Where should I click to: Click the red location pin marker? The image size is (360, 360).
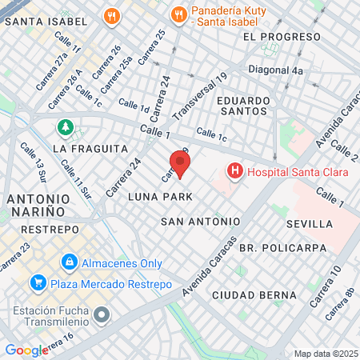(180, 162)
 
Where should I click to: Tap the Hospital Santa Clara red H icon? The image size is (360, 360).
(235, 170)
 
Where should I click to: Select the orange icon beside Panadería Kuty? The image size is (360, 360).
(178, 14)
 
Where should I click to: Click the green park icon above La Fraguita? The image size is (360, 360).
(64, 128)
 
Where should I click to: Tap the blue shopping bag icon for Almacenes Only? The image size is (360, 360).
(70, 262)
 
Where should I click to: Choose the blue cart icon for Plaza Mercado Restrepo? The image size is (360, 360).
(37, 283)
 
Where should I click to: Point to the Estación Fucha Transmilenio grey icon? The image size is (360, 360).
(101, 314)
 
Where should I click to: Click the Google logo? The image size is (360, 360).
(26, 350)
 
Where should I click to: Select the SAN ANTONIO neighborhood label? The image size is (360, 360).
(200, 221)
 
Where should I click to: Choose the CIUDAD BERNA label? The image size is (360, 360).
(254, 295)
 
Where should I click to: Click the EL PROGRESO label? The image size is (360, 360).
(275, 37)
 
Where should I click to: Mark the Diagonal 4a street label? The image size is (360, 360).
(276, 70)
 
